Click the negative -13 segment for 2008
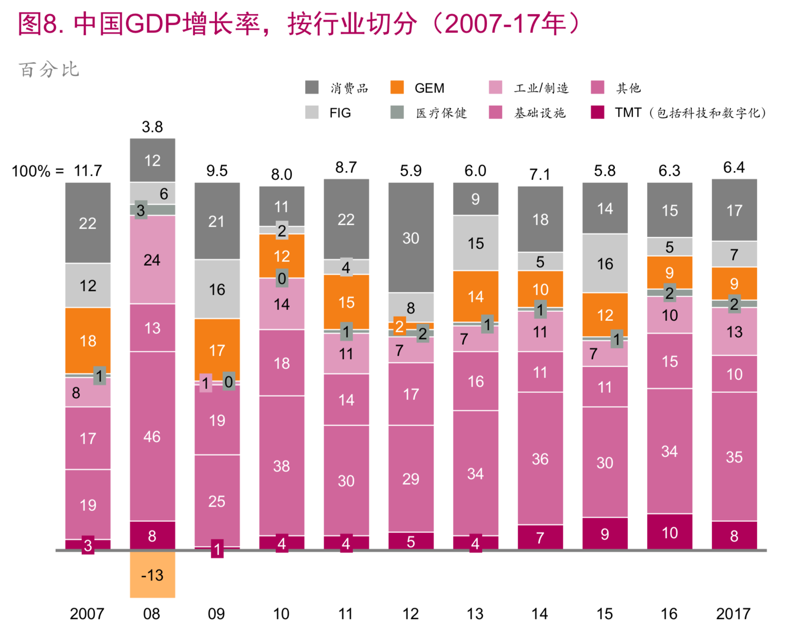(152, 575)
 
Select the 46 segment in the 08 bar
(152, 436)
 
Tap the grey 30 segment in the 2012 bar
(411, 238)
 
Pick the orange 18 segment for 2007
(88, 340)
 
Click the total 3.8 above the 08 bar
(152, 127)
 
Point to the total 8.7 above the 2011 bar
(346, 167)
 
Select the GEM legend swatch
(397, 88)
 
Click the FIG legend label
(340, 113)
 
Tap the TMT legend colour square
(597, 112)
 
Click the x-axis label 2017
(733, 614)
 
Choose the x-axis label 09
(216, 614)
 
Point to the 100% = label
(38, 171)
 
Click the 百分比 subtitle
(49, 70)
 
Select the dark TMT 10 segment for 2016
(670, 532)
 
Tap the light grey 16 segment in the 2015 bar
(605, 263)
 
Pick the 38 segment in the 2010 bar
(282, 466)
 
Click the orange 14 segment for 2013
(476, 297)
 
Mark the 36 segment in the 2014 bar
(540, 458)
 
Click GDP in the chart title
(153, 24)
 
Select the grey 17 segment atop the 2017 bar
(734, 210)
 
